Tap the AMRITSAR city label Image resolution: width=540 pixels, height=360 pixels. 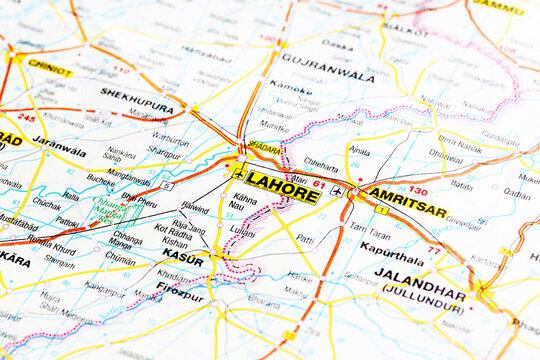[x=407, y=202]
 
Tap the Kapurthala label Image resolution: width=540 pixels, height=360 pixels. [x=393, y=251]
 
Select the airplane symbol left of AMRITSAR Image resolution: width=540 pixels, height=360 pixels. [x=337, y=190]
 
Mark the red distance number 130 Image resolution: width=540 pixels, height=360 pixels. [x=418, y=190]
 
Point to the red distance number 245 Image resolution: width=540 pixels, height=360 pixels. [x=27, y=118]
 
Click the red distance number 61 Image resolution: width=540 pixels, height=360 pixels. [x=318, y=183]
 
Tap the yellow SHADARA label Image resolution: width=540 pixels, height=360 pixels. [x=264, y=147]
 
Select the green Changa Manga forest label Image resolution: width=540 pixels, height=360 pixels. [x=111, y=211]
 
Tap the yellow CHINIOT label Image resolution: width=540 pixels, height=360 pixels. [x=49, y=68]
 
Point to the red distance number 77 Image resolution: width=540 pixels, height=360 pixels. [x=433, y=250]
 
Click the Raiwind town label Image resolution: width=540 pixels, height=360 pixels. [x=194, y=208]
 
